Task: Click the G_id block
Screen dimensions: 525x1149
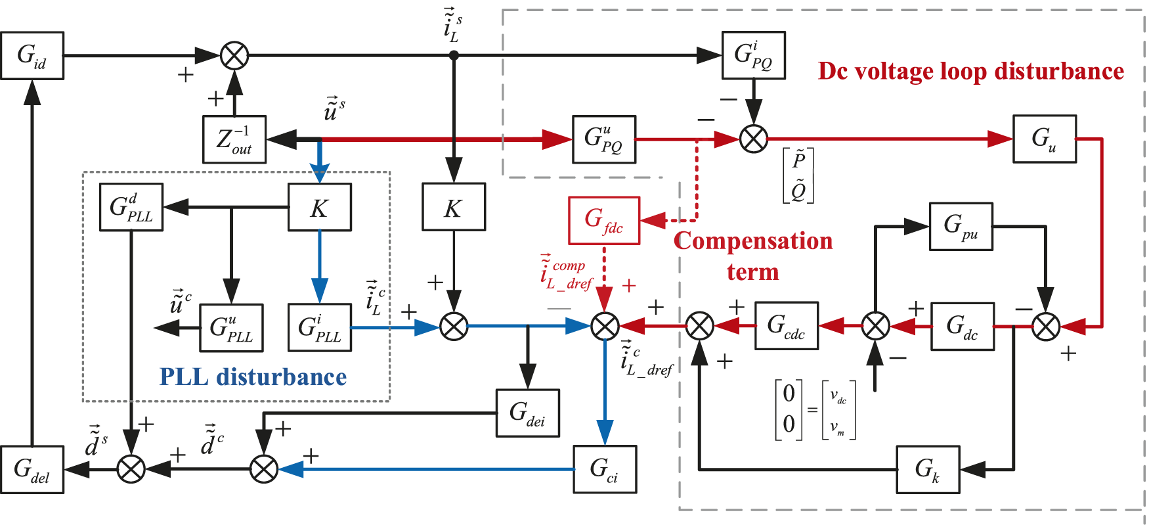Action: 32,56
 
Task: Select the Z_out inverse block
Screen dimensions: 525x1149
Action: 234,139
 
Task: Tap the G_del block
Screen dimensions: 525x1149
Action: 32,469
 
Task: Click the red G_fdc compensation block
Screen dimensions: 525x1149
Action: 604,220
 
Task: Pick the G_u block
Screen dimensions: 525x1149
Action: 1045,139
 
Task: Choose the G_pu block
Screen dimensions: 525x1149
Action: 961,227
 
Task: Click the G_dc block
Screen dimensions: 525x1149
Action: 962,326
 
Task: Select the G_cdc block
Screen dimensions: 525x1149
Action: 787,326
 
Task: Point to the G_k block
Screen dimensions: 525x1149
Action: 928,469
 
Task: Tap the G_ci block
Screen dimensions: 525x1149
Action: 605,469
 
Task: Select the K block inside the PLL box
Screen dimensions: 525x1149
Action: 320,208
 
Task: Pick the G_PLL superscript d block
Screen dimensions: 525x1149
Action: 131,208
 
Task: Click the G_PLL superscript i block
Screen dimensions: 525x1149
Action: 320,327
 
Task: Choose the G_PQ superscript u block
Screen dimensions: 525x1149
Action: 604,139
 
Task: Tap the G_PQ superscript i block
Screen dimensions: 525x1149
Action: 754,55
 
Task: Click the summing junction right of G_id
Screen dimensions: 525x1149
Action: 234,56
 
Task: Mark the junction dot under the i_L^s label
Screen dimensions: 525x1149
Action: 454,56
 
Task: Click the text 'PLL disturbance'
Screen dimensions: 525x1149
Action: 253,377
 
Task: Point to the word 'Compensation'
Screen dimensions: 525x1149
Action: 753,241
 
